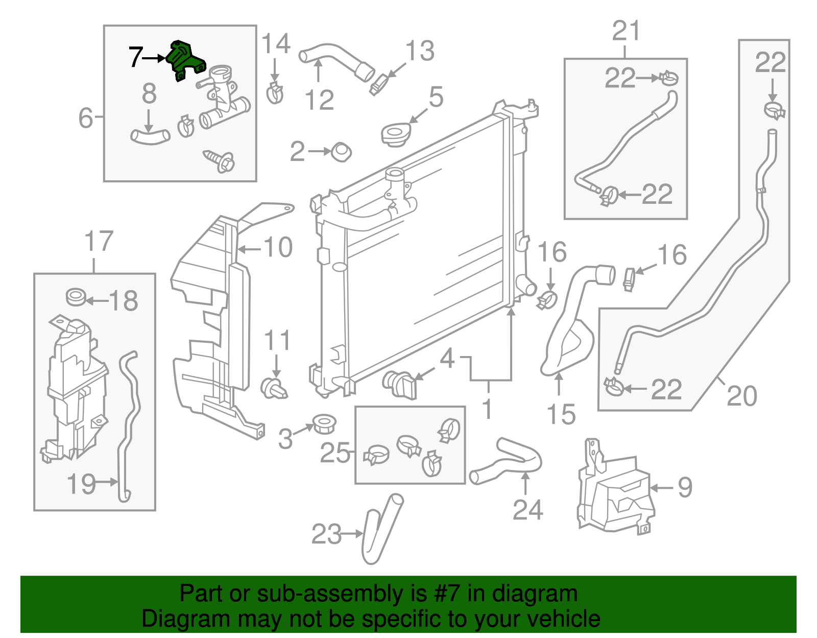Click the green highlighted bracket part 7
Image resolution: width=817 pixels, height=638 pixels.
coord(185,60)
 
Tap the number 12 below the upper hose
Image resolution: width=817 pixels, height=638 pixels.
coord(319,100)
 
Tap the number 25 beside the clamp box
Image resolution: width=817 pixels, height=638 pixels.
coord(335,453)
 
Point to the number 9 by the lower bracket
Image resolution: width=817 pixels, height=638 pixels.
coord(685,487)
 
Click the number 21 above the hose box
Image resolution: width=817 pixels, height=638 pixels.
coord(626,32)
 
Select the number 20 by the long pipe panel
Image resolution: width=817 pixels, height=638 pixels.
coord(741,396)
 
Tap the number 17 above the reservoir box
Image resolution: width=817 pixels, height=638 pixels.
coord(99,242)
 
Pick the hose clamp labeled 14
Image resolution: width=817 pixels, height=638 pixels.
coord(275,92)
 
